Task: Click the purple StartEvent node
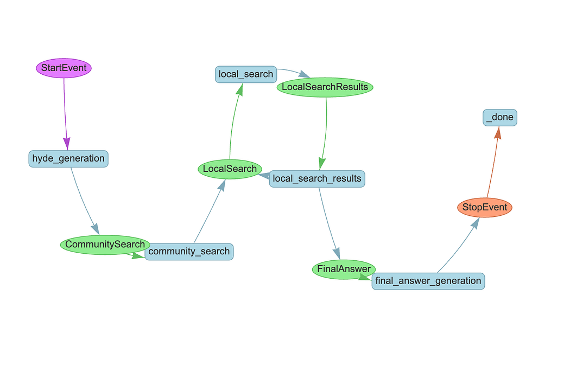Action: click(64, 68)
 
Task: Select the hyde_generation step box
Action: click(68, 159)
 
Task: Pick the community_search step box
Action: click(189, 252)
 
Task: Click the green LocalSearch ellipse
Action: click(229, 169)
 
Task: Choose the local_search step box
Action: click(246, 74)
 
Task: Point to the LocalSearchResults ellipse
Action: click(325, 87)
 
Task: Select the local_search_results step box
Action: click(317, 178)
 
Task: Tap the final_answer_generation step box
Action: click(428, 281)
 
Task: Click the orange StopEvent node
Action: click(485, 207)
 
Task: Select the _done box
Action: click(500, 117)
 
